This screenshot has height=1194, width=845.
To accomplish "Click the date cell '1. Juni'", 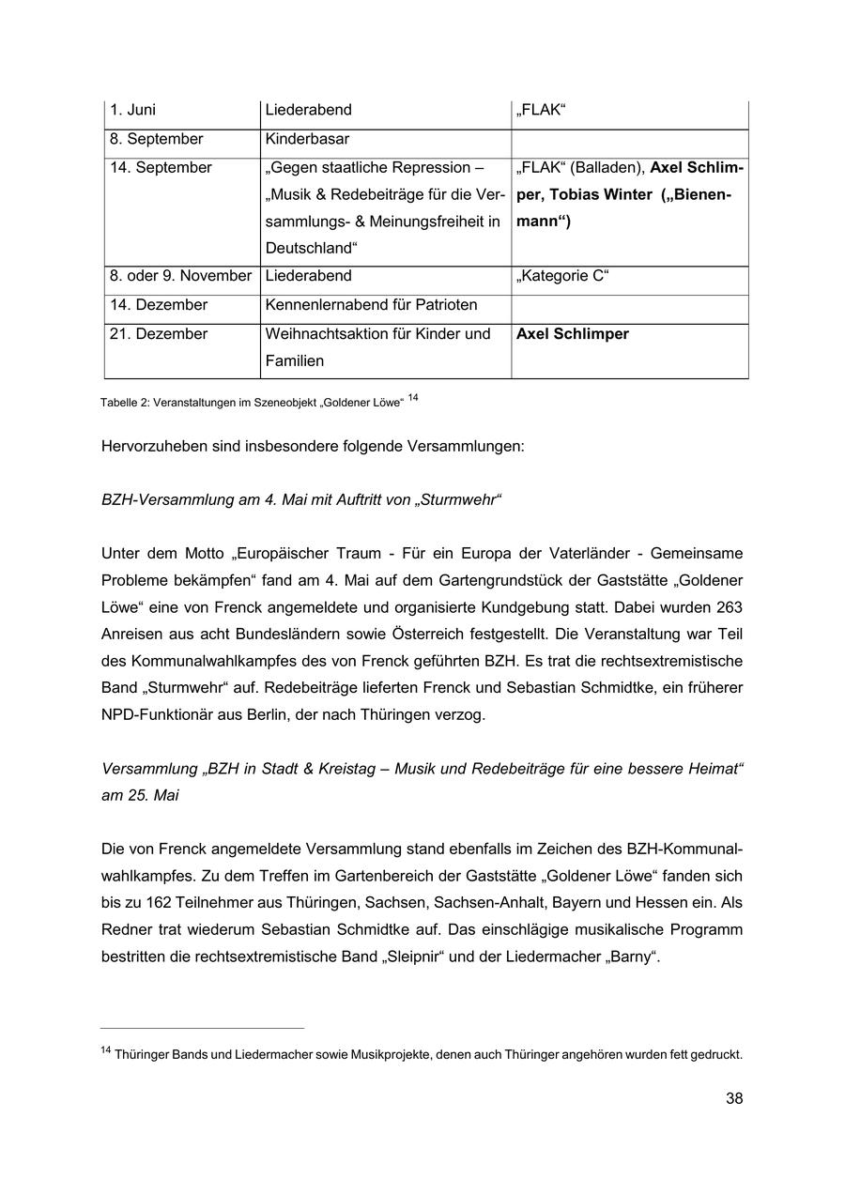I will coord(133,110).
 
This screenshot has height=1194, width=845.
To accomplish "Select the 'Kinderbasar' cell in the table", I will coord(307,139).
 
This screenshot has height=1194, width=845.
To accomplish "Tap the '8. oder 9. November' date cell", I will coord(180,276).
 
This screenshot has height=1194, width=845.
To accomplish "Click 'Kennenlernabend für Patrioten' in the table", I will coord(371,305).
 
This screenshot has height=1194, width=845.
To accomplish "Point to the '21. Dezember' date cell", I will coord(159,334).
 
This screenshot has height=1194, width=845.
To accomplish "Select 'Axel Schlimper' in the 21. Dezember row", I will coord(573,334).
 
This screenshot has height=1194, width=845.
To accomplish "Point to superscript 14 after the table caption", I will coord(413,398).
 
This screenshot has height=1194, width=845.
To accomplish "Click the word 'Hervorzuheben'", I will coord(153,446).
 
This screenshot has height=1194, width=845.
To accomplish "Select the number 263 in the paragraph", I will coord(729,606).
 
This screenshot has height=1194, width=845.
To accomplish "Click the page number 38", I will coord(733,1098).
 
